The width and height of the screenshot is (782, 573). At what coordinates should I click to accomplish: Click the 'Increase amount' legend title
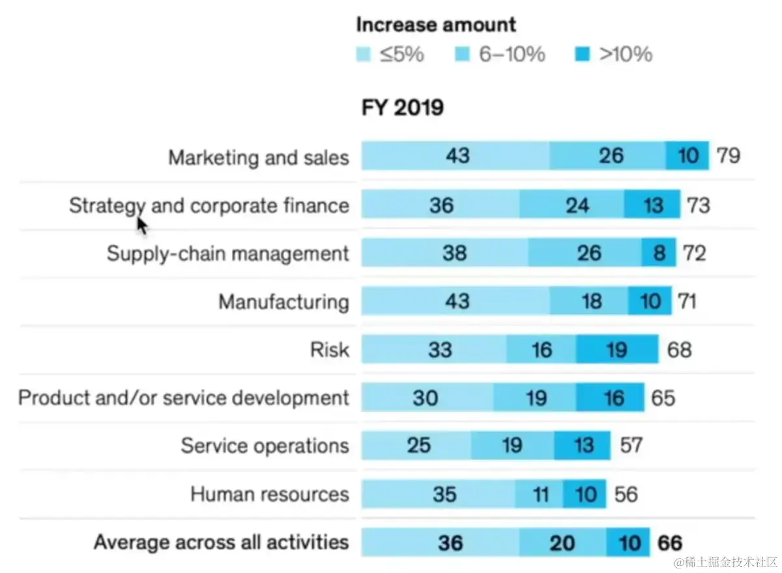[436, 25]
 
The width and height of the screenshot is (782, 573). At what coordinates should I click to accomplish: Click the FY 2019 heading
[403, 108]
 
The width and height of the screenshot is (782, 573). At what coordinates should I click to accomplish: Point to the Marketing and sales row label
[259, 158]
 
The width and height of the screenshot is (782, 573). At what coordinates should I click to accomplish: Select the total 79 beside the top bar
[728, 156]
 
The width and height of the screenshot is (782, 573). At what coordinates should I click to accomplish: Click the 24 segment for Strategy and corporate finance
[577, 205]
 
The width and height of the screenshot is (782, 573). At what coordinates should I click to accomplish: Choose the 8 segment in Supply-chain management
[659, 253]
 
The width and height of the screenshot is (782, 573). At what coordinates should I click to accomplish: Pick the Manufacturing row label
[283, 302]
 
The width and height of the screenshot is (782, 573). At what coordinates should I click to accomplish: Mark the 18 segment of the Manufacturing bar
[592, 301]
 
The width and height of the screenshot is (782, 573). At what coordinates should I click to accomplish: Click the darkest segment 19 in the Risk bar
[616, 349]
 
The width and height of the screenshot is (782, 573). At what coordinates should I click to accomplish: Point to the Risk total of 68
[679, 349]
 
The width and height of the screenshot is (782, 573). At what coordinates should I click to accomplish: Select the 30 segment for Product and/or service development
[426, 398]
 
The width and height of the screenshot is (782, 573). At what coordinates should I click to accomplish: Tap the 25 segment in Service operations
[418, 445]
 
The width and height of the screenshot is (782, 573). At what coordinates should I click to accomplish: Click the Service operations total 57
[631, 445]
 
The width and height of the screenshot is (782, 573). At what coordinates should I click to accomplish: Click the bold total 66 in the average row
[670, 542]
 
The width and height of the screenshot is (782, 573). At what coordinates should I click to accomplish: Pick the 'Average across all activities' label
[221, 542]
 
